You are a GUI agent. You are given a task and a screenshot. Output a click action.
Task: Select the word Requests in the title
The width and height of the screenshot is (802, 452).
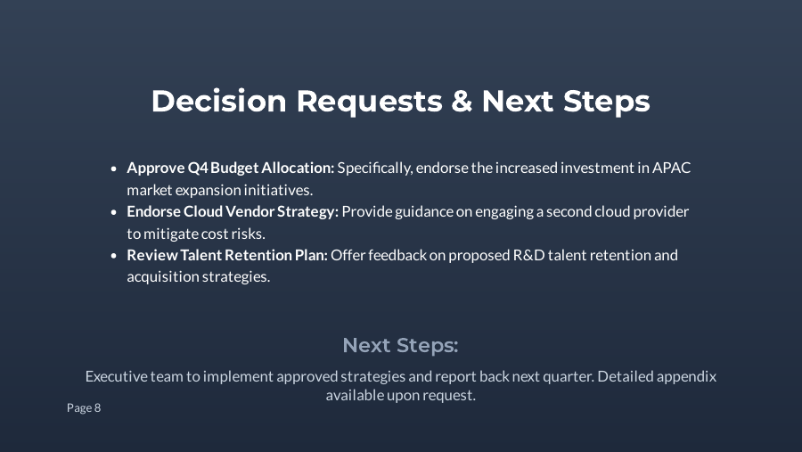(x=369, y=102)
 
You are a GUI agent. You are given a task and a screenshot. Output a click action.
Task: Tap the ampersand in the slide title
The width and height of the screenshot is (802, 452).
(x=462, y=102)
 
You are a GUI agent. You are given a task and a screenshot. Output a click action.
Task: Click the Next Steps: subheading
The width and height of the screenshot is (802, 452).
(x=400, y=345)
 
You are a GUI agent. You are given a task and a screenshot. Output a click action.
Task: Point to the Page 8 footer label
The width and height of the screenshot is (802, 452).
(x=84, y=407)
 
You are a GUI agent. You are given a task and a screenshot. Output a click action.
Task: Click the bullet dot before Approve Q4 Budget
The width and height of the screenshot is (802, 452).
(x=114, y=168)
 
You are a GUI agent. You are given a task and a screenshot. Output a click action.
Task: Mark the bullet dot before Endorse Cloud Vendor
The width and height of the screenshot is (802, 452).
(x=114, y=212)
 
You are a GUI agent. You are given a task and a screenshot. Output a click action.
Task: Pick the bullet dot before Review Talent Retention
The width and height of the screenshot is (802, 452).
(x=114, y=256)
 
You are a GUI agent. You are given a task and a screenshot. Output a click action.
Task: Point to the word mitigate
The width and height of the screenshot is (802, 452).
(x=171, y=233)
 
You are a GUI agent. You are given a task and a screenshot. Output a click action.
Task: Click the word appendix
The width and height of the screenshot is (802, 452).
(x=686, y=376)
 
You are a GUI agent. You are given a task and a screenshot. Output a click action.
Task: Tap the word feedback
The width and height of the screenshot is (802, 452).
(x=397, y=255)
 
